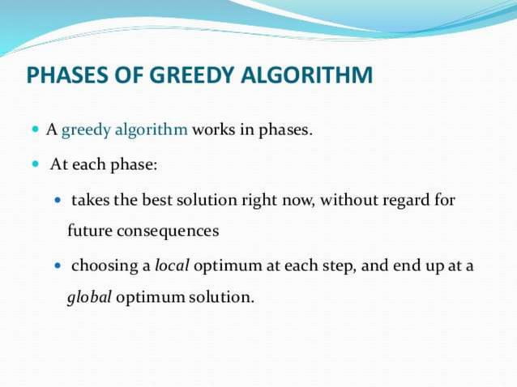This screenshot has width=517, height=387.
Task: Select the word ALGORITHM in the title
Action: [x=307, y=77]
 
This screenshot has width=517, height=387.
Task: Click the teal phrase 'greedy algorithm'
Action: [x=125, y=130]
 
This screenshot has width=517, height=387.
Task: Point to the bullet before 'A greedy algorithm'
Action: [x=36, y=130]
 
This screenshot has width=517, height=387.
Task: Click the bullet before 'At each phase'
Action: [x=36, y=165]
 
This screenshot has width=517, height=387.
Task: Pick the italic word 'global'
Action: [x=89, y=298]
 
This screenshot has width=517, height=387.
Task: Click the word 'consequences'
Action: [x=168, y=232]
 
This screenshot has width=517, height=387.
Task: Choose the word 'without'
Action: [x=347, y=199]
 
